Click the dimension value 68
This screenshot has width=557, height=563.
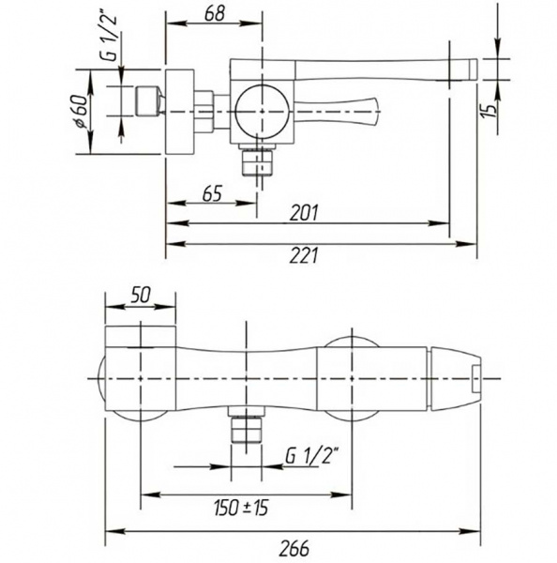click(214, 14)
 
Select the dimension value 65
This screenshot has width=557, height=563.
click(212, 193)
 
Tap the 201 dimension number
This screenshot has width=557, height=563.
click(304, 213)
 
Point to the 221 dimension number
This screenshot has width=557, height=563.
click(304, 256)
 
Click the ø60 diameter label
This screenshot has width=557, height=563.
click(81, 111)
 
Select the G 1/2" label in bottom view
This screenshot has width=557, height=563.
click(312, 456)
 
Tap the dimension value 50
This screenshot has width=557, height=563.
click(140, 296)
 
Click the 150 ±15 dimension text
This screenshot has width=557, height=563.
click(241, 508)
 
